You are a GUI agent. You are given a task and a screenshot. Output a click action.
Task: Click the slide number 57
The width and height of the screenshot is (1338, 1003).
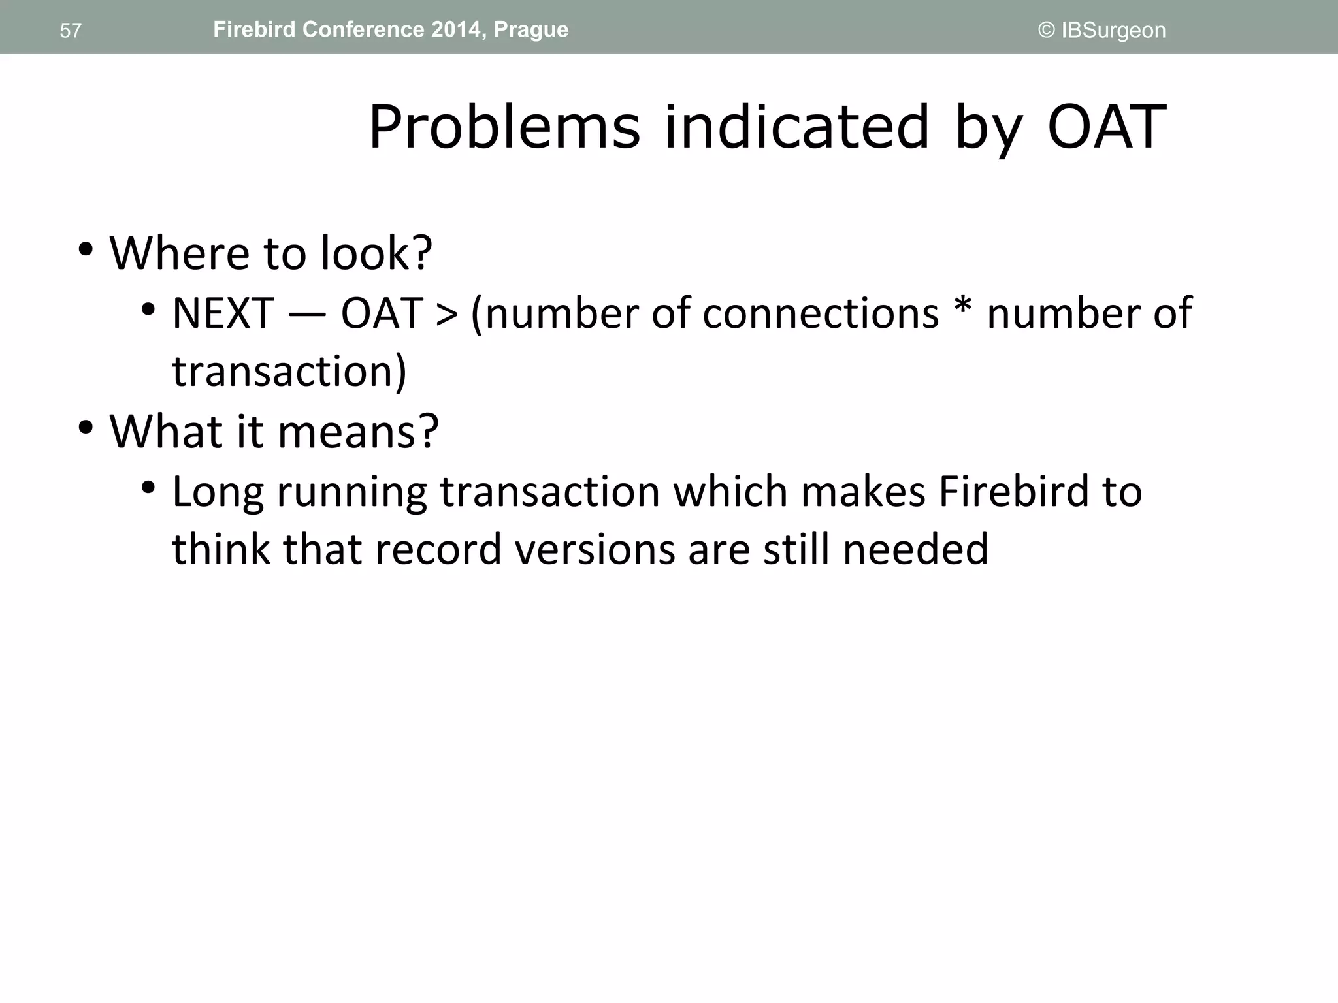coord(71,31)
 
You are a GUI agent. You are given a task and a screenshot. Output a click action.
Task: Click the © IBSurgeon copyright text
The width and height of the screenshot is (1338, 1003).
coord(1101,31)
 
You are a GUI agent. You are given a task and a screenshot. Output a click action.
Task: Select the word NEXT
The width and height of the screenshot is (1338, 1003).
coord(223,313)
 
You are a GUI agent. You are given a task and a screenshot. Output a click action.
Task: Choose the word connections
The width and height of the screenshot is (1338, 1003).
coord(820,313)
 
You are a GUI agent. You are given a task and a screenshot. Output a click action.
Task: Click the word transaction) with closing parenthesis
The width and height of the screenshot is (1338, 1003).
coord(289,371)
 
